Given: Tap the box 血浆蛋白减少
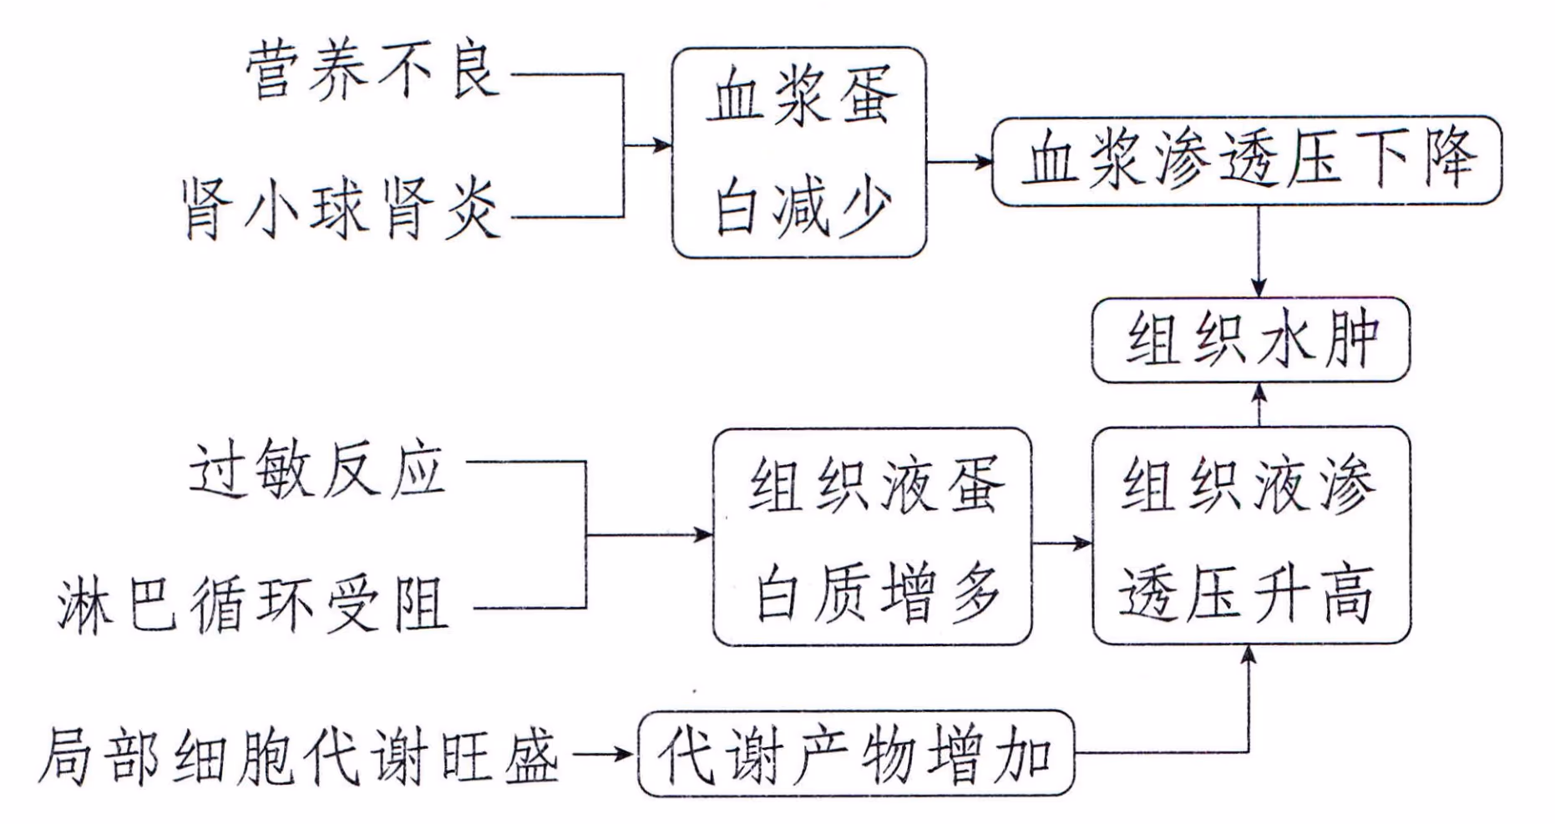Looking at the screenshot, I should (x=799, y=152).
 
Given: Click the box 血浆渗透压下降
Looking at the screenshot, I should (x=1246, y=161).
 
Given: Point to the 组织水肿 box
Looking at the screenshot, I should (x=1250, y=340).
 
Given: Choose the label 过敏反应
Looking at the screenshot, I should (x=317, y=469).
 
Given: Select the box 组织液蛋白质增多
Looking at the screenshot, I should (x=872, y=536).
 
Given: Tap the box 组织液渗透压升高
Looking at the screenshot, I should (x=1250, y=536).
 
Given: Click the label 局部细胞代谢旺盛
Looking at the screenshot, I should (x=298, y=756).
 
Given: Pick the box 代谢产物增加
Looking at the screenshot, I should (x=855, y=754).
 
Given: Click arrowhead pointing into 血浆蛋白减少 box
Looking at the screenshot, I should (x=664, y=145).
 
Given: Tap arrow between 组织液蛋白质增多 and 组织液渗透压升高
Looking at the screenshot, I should (x=1061, y=543).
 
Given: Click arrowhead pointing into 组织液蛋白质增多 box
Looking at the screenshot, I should (x=704, y=534).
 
